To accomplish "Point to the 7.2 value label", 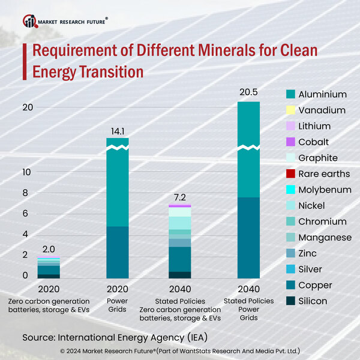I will pyautogui.click(x=180, y=196).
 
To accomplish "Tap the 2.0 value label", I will pyautogui.click(x=49, y=249).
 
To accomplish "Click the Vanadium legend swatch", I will pyautogui.click(x=291, y=110).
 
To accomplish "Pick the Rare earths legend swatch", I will pyautogui.click(x=291, y=174).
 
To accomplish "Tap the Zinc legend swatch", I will pyautogui.click(x=291, y=253).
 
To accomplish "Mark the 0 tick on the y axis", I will pyautogui.click(x=25, y=275).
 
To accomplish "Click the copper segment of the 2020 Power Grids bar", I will pyautogui.click(x=118, y=252).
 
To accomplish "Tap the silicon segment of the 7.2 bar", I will pyautogui.click(x=180, y=275).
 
